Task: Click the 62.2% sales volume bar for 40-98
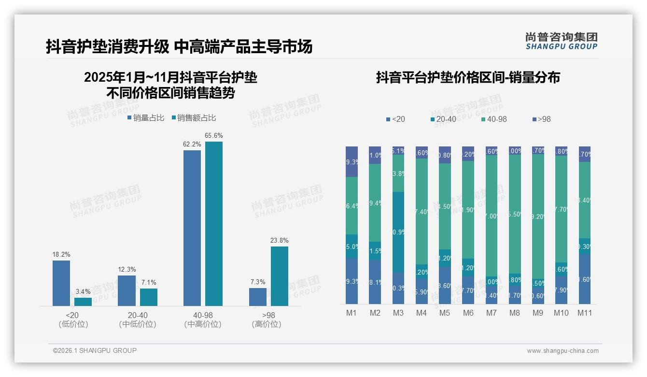192,228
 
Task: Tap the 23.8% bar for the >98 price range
279,276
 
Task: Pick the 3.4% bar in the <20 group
83,302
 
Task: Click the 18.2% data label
61,254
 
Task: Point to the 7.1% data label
149,282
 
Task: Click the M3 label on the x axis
398,313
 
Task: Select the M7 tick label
491,313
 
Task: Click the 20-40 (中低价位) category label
138,319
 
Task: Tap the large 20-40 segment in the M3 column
398,232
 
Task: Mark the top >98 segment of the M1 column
352,161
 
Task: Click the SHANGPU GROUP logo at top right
561,41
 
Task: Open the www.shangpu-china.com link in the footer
563,351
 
